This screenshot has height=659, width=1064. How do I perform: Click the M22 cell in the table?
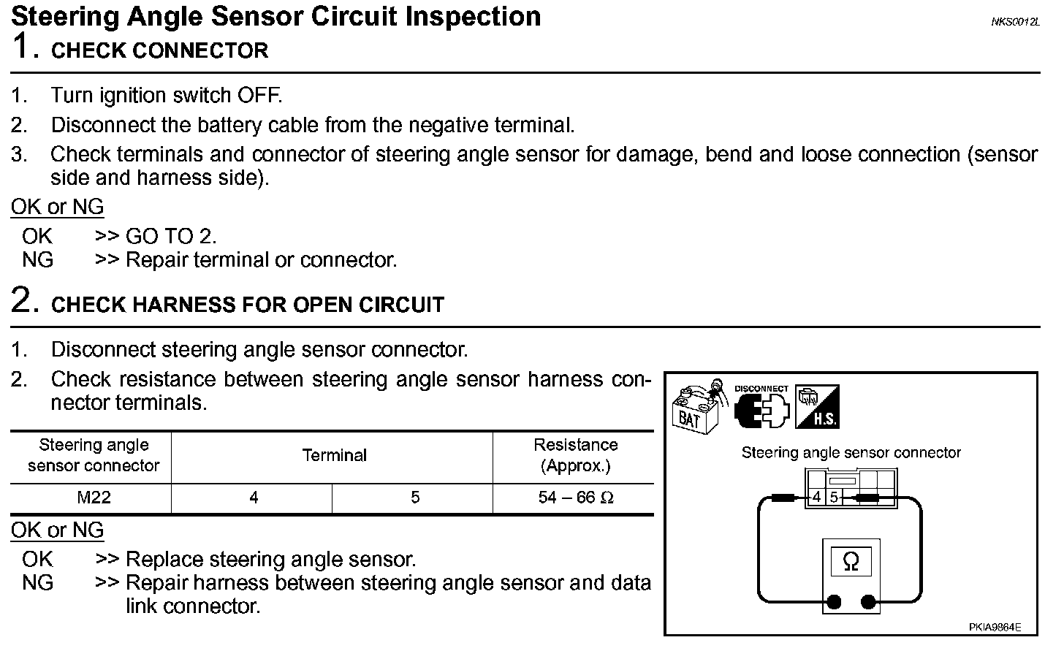(x=94, y=498)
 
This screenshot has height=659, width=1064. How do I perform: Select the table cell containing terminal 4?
(x=254, y=498)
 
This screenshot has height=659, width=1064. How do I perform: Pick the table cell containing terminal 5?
(x=415, y=498)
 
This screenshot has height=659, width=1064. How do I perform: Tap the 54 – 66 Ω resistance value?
(x=575, y=498)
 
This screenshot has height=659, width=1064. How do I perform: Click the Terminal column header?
(x=334, y=456)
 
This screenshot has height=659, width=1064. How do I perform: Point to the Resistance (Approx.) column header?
(x=575, y=455)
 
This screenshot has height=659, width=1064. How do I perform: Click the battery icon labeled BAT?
(x=696, y=409)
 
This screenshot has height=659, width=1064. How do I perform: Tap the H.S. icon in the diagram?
(x=817, y=407)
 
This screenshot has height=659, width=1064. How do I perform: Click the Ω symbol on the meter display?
(x=851, y=561)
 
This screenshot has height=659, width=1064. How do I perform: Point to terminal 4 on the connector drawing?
(x=817, y=498)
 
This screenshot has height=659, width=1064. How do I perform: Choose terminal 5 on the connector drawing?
(x=834, y=498)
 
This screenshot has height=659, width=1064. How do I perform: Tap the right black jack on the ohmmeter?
(x=868, y=603)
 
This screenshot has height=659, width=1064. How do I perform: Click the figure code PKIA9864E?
(x=995, y=627)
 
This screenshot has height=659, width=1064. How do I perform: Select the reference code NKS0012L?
(x=1014, y=22)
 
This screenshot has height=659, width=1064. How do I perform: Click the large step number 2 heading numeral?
(x=23, y=300)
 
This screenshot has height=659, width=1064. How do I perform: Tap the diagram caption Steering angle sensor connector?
(x=851, y=453)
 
